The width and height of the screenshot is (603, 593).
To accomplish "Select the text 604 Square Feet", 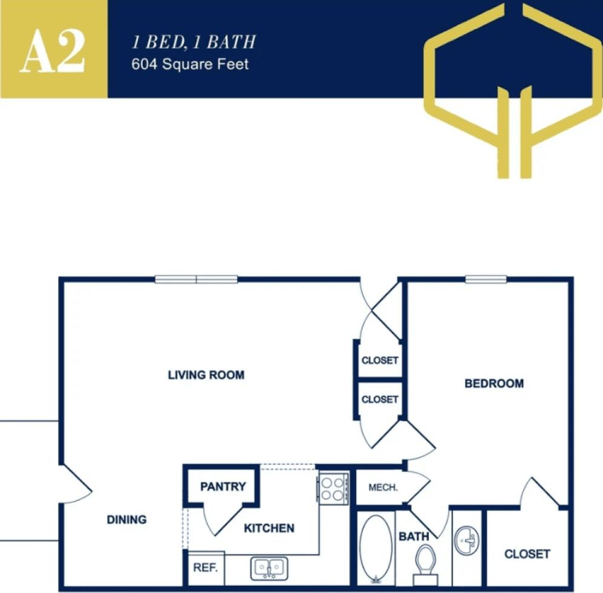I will [190, 64].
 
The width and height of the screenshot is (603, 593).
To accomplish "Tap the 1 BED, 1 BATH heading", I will [194, 42].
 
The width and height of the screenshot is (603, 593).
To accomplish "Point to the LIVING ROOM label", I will [206, 375].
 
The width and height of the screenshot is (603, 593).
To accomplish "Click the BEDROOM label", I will [494, 383].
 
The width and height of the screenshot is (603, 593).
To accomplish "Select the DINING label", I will [126, 519].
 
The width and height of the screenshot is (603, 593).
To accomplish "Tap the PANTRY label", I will [223, 487].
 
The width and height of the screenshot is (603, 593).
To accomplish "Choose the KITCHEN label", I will [269, 528].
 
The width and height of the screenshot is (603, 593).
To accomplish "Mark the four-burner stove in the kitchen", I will [333, 488].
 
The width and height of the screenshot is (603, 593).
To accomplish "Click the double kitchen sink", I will [269, 568].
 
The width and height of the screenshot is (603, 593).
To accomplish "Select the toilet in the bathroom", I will [426, 563].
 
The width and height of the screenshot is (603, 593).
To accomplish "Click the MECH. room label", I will [382, 488].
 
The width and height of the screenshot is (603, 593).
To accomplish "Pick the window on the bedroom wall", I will [486, 279].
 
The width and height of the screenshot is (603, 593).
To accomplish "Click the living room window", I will [196, 279].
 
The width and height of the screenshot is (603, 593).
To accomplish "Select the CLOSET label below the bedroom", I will [527, 554].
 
